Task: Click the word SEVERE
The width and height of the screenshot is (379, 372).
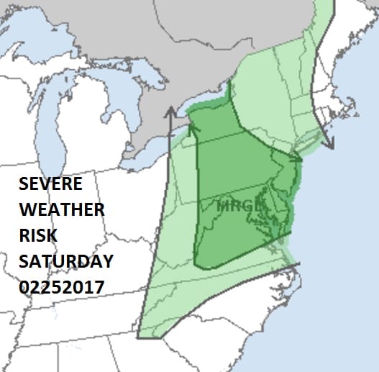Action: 50,184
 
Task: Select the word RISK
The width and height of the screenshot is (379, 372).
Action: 39,236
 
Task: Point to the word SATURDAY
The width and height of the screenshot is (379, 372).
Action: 65,261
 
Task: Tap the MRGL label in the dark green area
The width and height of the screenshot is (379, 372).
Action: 235,206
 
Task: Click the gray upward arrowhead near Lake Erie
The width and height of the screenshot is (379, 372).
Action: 171,112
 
